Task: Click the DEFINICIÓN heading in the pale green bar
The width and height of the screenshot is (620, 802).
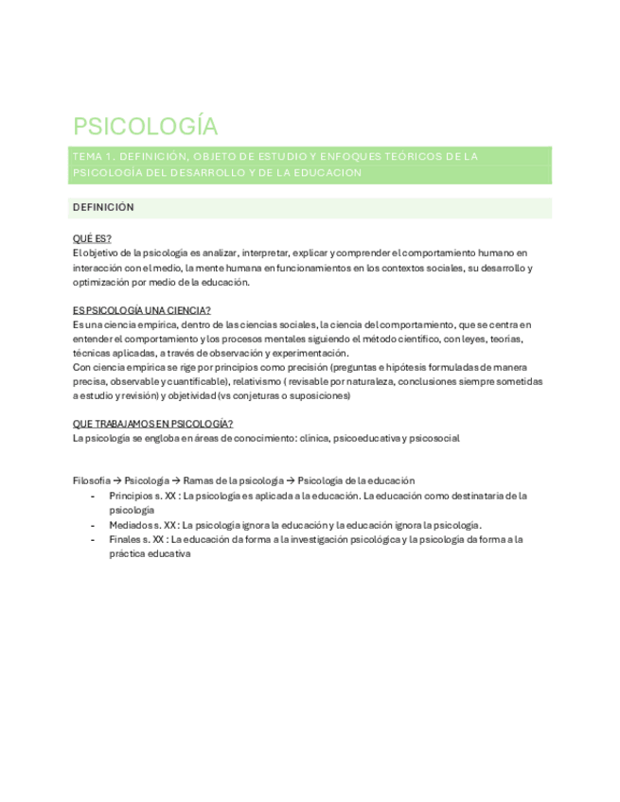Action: pyautogui.click(x=103, y=207)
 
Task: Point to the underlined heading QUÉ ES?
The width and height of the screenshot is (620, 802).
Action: pyautogui.click(x=92, y=238)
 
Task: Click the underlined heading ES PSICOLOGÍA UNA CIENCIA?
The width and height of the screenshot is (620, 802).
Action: pyautogui.click(x=141, y=310)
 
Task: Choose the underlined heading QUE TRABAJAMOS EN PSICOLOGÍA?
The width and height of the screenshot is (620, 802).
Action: pyautogui.click(x=152, y=424)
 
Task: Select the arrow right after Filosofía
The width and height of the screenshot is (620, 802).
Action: pyautogui.click(x=118, y=480)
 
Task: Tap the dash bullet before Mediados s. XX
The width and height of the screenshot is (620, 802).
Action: pyautogui.click(x=92, y=525)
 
